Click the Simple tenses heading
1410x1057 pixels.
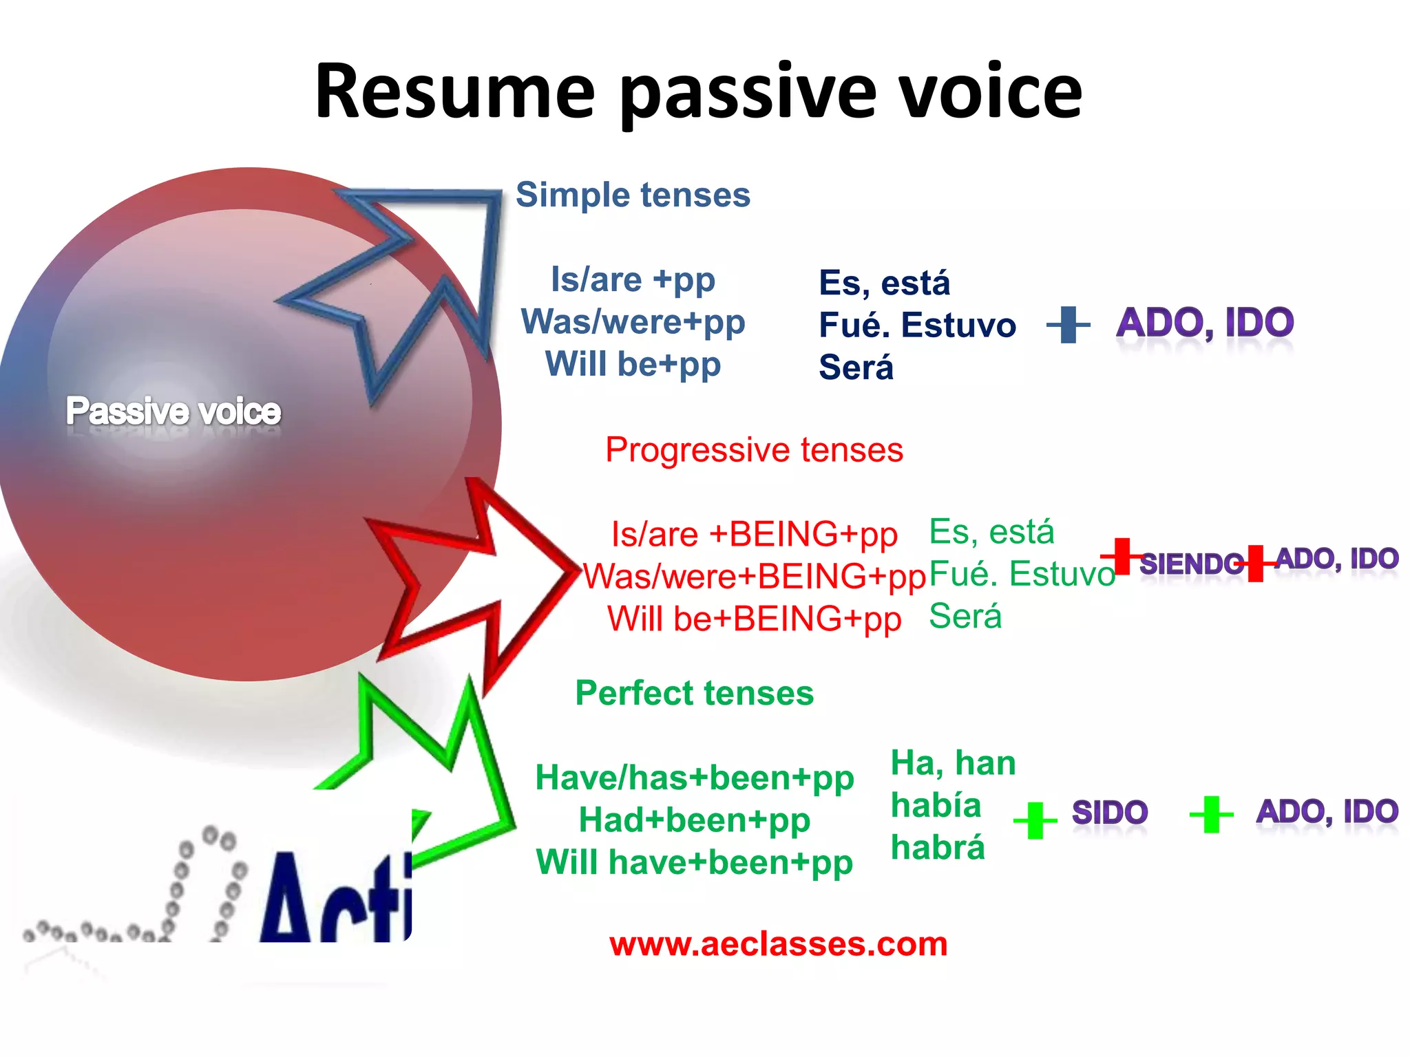point(633,195)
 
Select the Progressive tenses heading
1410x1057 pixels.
point(754,450)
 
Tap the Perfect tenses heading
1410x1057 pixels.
point(694,693)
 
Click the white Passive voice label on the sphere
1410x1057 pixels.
point(173,412)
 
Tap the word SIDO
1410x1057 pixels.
point(1110,813)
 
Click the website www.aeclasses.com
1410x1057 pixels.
point(778,943)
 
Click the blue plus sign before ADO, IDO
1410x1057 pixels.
point(1068,325)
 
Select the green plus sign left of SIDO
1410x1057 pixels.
point(1035,820)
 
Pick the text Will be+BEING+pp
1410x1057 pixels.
point(754,619)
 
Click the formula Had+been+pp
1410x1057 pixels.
point(694,820)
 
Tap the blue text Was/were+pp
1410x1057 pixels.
point(633,322)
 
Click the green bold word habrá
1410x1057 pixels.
point(937,848)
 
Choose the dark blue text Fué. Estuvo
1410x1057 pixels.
point(917,325)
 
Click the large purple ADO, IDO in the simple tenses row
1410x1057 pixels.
point(1205,323)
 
